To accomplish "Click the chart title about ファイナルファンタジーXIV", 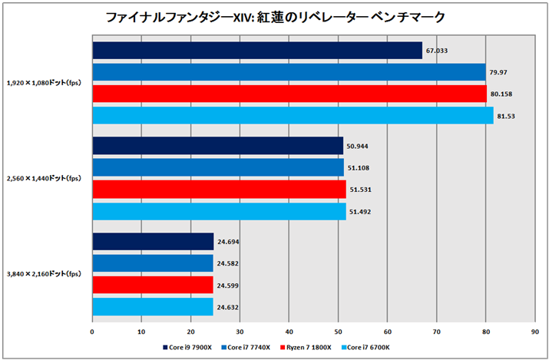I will (274, 16).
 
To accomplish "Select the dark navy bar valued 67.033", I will (256, 51).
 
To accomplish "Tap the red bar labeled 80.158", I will (289, 94).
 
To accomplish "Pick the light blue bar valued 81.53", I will (292, 115).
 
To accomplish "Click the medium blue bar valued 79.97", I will (288, 72).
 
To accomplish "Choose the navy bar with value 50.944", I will (217, 146).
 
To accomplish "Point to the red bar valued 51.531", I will (219, 189).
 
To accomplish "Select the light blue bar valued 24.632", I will (152, 306).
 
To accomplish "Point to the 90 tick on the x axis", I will (534, 332).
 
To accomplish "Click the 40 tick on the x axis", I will (289, 332).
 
